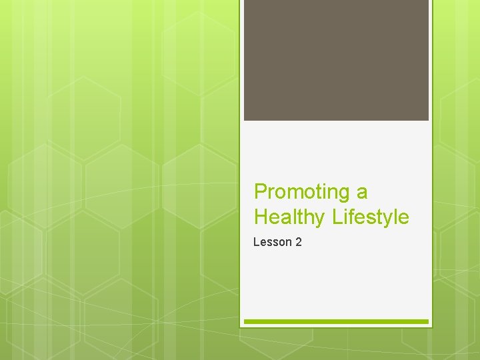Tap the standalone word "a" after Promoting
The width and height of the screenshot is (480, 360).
click(362, 193)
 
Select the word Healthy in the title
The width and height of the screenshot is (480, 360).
click(287, 217)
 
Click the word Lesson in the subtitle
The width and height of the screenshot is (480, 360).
click(272, 242)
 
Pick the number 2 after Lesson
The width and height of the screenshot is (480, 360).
click(298, 242)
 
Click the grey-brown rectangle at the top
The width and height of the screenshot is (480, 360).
click(336, 60)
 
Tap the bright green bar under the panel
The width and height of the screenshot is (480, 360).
click(336, 321)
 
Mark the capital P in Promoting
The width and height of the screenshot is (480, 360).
click(261, 192)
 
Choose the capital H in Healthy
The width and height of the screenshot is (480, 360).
click(261, 217)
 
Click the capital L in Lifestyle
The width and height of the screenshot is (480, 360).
click(331, 217)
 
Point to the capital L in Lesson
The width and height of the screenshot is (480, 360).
click(256, 242)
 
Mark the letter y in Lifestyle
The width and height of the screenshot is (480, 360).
click(382, 220)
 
